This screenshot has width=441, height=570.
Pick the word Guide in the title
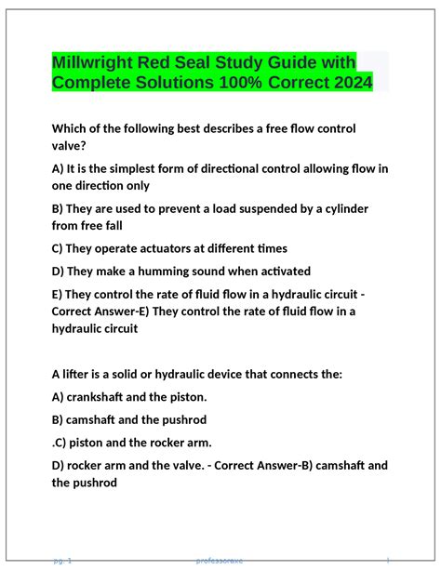pos(301,62)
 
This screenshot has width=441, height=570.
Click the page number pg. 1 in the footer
pos(63,561)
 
